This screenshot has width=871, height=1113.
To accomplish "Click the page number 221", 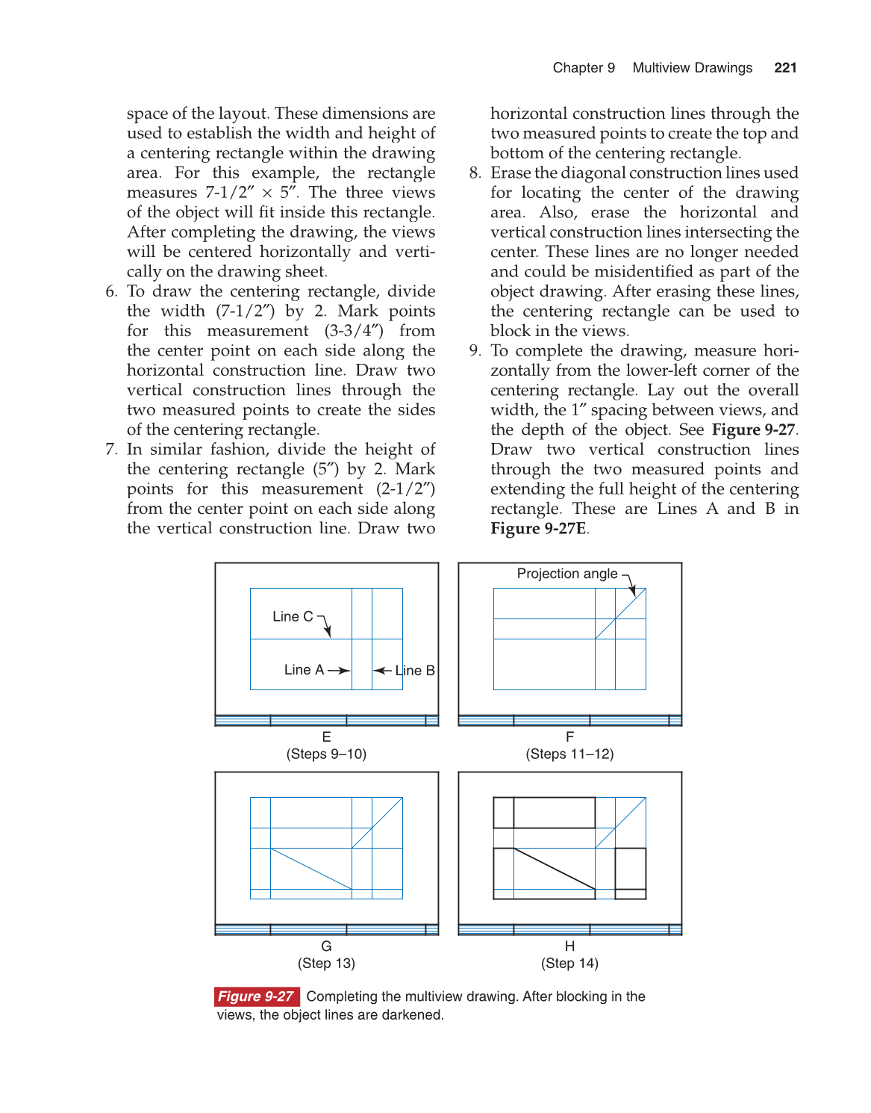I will [785, 68].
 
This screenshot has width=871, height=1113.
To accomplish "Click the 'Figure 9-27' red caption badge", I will [256, 996].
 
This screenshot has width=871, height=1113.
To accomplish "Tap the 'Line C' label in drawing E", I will [293, 616].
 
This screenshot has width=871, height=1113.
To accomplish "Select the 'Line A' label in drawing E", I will [304, 670].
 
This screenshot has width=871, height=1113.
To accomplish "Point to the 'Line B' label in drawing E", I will [415, 670].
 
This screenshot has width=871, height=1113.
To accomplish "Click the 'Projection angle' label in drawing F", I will [566, 574].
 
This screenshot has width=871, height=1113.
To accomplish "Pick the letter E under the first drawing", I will [326, 737].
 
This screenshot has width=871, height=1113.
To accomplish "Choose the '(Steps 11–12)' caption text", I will [569, 754].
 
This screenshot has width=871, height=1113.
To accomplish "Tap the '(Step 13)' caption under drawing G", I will [326, 963].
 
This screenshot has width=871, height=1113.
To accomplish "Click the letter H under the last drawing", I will [569, 946].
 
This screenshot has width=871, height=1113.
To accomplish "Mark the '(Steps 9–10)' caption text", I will [326, 754].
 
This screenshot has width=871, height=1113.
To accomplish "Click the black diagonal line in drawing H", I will [555, 869].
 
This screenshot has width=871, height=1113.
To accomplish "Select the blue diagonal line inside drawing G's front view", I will [311, 869].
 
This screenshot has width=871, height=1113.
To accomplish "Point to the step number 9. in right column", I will [475, 351].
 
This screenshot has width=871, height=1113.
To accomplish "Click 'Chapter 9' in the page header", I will [584, 68].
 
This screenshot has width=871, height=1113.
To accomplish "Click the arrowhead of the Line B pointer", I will [376, 671].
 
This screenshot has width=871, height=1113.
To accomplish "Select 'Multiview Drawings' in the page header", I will [692, 68].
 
